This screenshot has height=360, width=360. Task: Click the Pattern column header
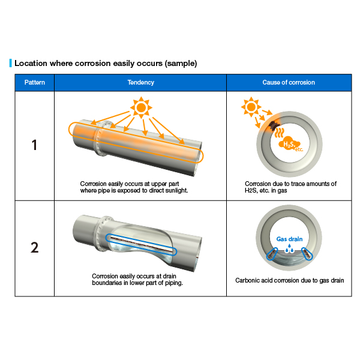tap(34, 82)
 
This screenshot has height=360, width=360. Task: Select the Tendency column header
tap(141, 82)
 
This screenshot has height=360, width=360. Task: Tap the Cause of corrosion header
tap(289, 82)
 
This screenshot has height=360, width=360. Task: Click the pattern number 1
tap(34, 145)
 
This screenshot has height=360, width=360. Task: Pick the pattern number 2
tap(34, 247)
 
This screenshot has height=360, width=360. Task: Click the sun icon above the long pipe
tap(141, 107)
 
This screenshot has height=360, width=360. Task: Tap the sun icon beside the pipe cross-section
tap(251, 107)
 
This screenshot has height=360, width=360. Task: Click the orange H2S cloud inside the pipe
tap(290, 144)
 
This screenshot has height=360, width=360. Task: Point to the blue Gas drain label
tap(289, 239)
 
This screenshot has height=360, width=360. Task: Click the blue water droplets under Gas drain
tap(289, 248)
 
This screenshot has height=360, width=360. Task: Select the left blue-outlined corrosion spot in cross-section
tap(272, 254)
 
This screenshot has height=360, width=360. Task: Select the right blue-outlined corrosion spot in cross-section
tap(307, 253)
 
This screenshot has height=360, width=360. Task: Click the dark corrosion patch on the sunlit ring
tap(273, 125)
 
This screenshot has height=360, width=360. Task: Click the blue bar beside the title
tap(11, 63)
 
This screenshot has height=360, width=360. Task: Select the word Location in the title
tap(31, 63)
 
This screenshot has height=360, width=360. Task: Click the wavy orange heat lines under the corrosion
tap(280, 133)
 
